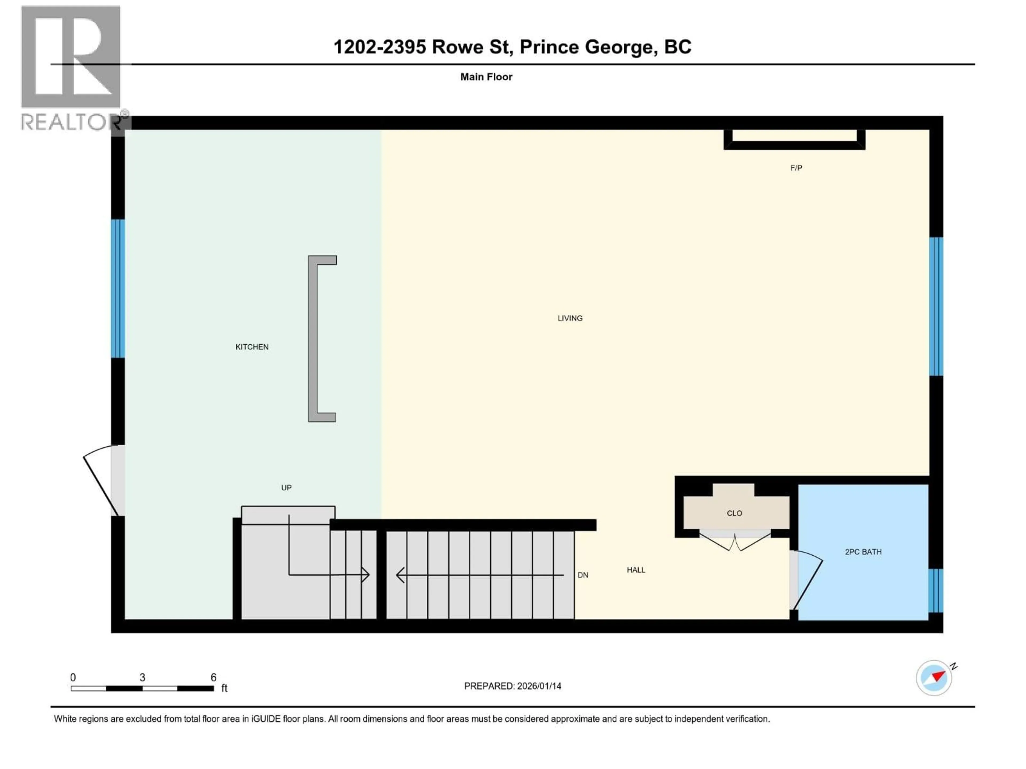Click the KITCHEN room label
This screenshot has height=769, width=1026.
pos(252,347)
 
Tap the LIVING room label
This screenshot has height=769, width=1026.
pos(570,318)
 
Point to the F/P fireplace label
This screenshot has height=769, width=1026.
pos(796,168)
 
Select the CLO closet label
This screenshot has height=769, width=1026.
pos(734,513)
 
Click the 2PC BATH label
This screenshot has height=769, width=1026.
pos(863,552)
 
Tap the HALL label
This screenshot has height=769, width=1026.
pos(636,570)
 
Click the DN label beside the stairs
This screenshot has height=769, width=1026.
pos(582,575)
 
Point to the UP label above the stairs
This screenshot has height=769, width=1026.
pos(286,488)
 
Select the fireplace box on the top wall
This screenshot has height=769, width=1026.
pos(794,139)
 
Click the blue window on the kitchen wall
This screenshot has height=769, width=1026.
pos(118,288)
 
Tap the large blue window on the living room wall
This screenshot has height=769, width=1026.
pos(936,306)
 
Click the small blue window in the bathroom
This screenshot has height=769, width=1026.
pos(935,591)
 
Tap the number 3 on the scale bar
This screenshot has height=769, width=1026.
pos(142,677)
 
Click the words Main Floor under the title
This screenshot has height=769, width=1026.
pos(486,77)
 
